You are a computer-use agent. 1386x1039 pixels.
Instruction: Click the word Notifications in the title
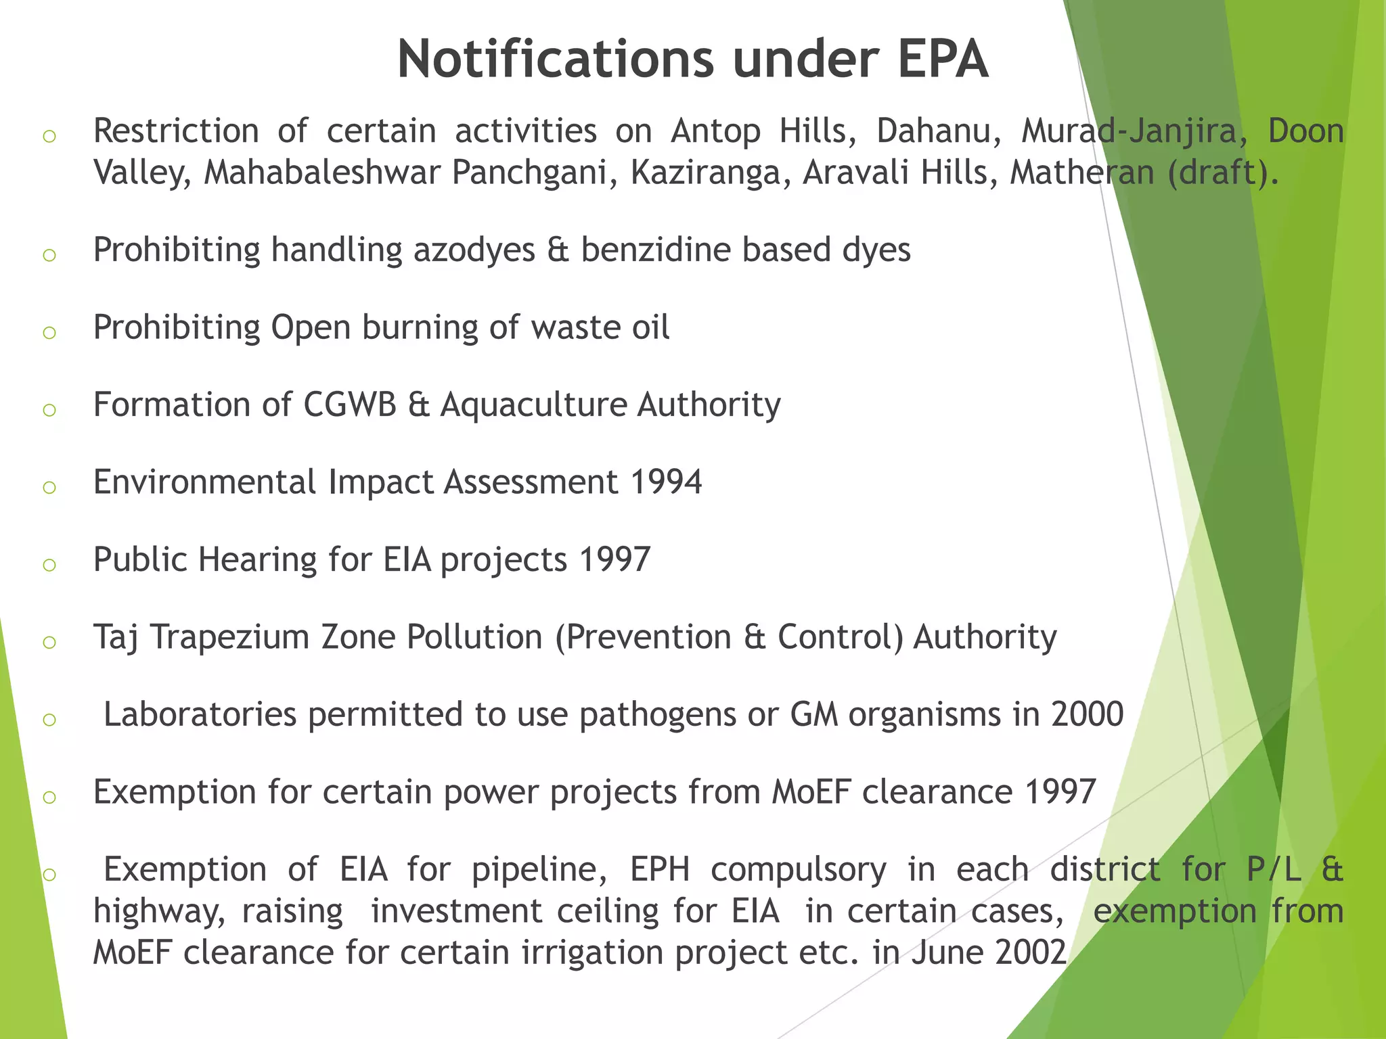pyautogui.click(x=555, y=60)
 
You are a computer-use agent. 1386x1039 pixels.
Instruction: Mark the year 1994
pyautogui.click(x=665, y=482)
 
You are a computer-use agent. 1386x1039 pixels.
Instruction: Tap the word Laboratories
pyautogui.click(x=200, y=715)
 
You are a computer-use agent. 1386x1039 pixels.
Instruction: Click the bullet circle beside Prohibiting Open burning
pyautogui.click(x=49, y=332)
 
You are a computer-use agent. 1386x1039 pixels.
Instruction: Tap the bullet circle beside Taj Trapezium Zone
pyautogui.click(x=49, y=642)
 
